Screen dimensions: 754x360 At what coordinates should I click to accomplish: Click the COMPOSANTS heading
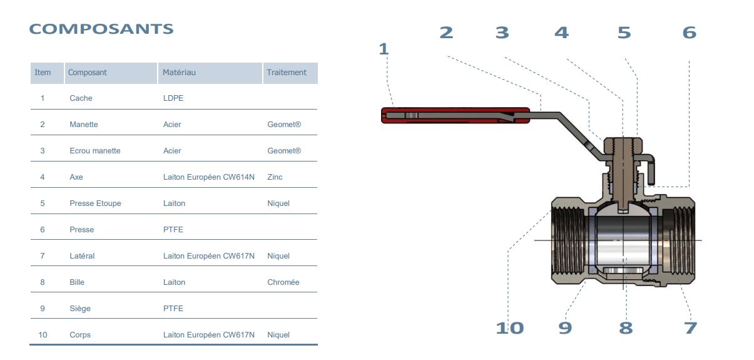coord(101,29)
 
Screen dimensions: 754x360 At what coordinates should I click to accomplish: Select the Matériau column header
coord(179,73)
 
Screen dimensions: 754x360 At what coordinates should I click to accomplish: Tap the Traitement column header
coord(287,73)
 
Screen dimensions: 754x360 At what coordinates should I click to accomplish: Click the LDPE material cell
coord(173,98)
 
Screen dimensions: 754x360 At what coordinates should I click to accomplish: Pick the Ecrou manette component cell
coord(95,150)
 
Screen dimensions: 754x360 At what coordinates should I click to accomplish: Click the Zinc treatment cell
coord(275,177)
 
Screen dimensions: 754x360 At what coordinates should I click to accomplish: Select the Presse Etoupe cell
coord(95,203)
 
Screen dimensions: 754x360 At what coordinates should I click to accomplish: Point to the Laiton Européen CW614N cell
coord(209,177)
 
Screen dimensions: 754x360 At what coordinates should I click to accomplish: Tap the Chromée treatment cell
coord(283,282)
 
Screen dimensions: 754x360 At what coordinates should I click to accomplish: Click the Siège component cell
coord(80,309)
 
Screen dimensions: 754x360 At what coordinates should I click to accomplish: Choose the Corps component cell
coord(80,335)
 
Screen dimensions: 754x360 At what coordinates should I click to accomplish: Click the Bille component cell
coord(77,282)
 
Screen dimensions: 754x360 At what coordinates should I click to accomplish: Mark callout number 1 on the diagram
coord(384,49)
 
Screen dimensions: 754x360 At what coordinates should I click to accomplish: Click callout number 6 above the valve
coord(690,33)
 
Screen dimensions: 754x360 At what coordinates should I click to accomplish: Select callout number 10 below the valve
coord(510,328)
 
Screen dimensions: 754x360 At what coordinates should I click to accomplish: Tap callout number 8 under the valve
coord(626,328)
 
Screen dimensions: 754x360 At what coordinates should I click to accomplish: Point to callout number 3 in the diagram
coord(502,33)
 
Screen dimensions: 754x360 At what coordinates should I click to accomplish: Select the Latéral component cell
coord(82,255)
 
